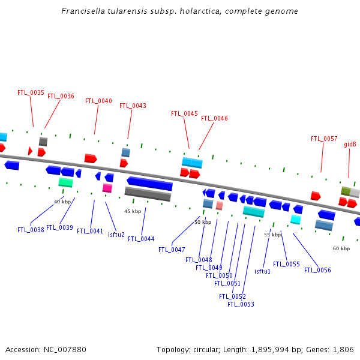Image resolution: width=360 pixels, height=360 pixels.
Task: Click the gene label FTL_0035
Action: click(x=31, y=93)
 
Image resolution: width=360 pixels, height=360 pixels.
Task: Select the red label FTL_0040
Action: click(x=98, y=101)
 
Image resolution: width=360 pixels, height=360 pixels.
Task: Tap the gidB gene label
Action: click(x=350, y=145)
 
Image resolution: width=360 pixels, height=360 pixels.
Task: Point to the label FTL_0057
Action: click(x=324, y=139)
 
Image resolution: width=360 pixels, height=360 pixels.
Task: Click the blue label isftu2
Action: click(x=116, y=235)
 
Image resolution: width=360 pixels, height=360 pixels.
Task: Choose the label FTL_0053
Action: click(x=241, y=304)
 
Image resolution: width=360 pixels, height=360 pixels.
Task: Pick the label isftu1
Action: click(x=262, y=271)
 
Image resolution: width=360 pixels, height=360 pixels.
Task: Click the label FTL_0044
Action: click(x=141, y=239)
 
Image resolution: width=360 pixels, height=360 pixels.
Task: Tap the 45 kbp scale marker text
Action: click(x=133, y=212)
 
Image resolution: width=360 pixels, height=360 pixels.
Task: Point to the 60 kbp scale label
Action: click(x=341, y=248)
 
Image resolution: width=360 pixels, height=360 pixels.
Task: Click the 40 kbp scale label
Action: click(x=62, y=202)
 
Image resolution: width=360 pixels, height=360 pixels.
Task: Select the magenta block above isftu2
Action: click(x=107, y=188)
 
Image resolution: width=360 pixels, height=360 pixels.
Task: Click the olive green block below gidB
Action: click(x=346, y=191)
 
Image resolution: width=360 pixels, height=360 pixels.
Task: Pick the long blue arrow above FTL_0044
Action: click(x=149, y=184)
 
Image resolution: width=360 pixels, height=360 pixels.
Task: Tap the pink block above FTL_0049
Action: click(x=220, y=205)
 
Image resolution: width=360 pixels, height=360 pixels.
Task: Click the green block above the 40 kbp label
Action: click(x=65, y=182)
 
